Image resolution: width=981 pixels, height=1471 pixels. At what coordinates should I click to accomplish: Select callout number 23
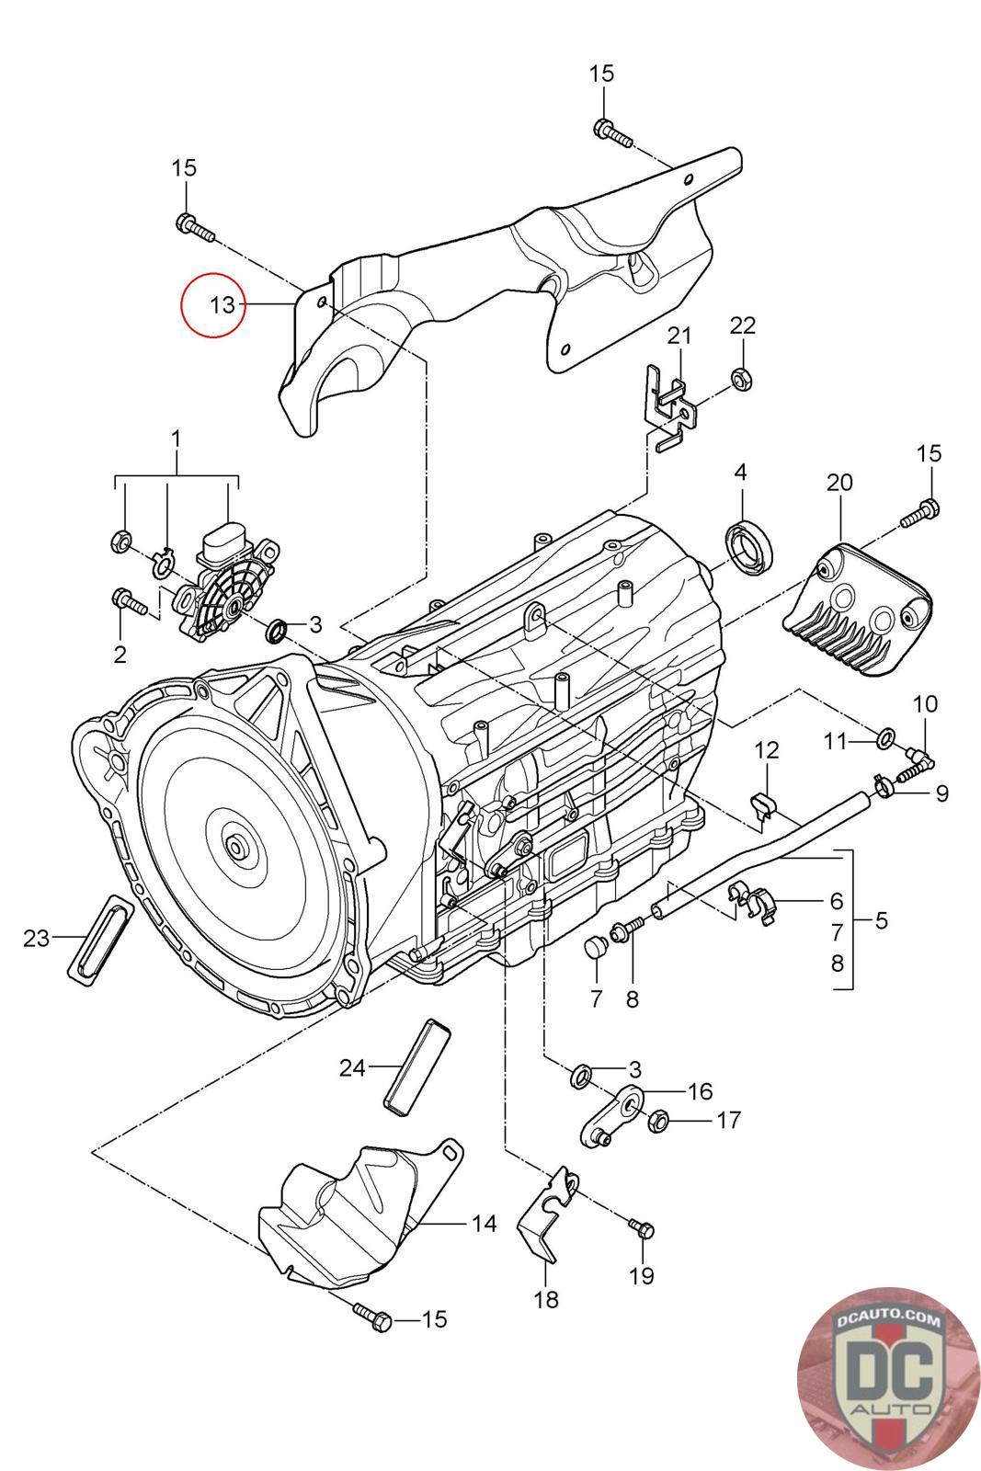point(37,938)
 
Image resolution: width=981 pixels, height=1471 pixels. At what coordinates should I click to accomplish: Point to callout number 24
point(352,1067)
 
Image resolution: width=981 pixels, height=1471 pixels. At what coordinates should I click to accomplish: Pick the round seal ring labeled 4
point(750,547)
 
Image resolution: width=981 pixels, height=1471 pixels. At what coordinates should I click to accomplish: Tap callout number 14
point(484,1223)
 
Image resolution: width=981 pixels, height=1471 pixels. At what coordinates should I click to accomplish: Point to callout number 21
point(679,336)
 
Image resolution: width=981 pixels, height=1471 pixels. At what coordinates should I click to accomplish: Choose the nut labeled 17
point(660,1122)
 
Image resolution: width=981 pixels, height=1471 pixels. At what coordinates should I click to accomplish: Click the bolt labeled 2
point(128,602)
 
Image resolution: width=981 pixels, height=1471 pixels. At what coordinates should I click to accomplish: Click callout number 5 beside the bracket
point(882,919)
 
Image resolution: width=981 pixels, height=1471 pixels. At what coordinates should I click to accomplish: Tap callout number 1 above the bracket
point(177,439)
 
